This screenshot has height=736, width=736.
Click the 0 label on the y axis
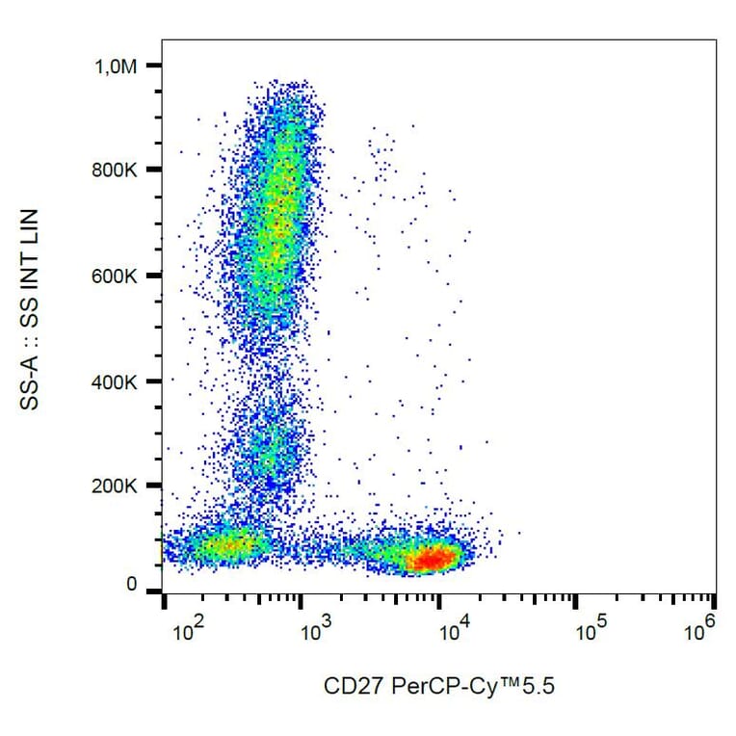(132, 585)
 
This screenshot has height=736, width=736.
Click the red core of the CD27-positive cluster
(434, 558)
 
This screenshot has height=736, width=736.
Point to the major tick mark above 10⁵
(576, 602)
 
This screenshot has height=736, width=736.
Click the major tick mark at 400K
(154, 381)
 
